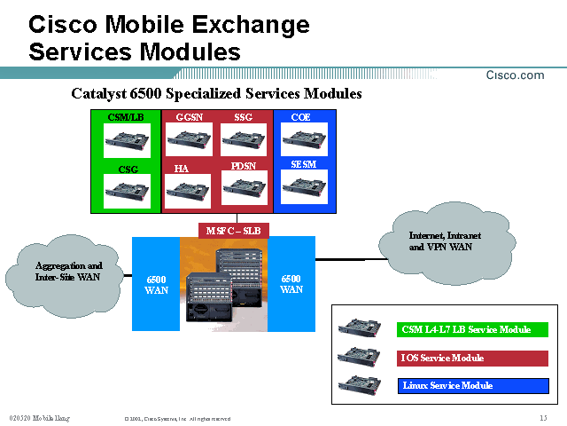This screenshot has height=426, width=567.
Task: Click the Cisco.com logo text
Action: coord(515,75)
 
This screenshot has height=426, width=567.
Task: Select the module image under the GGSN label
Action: coord(190,138)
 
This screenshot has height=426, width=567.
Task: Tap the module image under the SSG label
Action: coord(244,138)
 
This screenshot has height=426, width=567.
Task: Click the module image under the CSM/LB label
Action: coord(127,138)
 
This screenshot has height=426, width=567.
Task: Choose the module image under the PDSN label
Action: coord(244,187)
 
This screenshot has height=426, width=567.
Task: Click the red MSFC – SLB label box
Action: coord(232,231)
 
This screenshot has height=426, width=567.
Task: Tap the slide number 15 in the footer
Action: coord(542,418)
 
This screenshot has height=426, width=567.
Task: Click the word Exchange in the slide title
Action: coord(251,25)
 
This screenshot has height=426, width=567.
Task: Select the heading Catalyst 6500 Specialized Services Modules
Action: coord(216,93)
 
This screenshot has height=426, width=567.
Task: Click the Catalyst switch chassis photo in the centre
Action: coord(223,283)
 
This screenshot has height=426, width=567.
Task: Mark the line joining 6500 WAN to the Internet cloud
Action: coord(340,259)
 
